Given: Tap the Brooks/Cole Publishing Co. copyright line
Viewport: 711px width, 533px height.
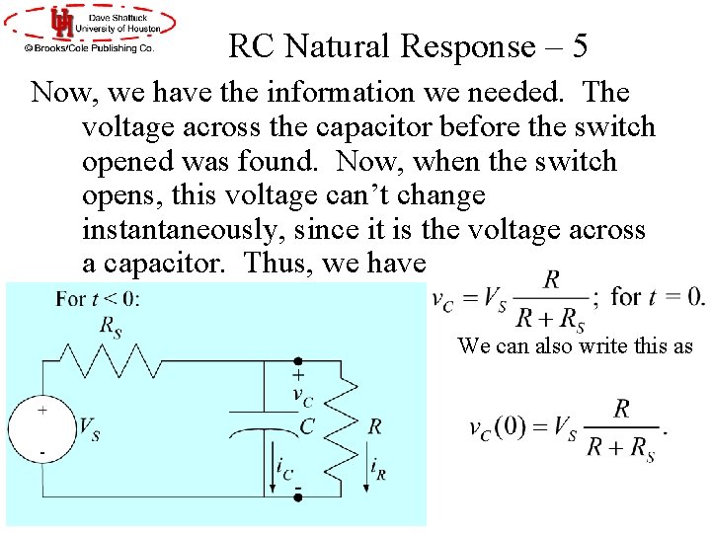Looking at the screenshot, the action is (89, 47).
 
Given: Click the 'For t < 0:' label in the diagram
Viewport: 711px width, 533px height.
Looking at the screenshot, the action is (98, 298).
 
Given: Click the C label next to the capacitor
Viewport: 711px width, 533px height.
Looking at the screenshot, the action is (307, 427).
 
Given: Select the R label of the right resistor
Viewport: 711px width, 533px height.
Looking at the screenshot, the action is (374, 426).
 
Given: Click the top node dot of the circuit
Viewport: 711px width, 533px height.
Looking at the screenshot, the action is (296, 362).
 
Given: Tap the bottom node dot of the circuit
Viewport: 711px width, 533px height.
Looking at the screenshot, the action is (296, 497).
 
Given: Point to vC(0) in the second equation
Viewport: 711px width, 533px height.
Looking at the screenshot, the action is (498, 427).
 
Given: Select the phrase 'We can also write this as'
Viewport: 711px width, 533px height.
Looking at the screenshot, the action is (575, 345).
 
